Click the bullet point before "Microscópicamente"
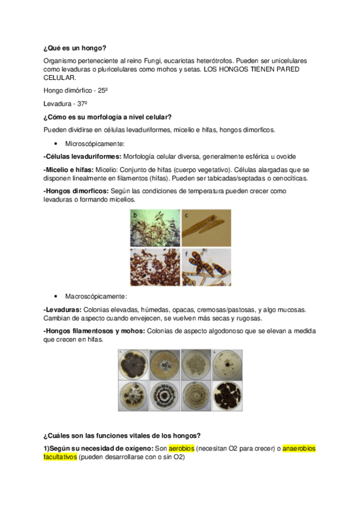56,144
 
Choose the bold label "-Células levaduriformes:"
82,156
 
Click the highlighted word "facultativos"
60,457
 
